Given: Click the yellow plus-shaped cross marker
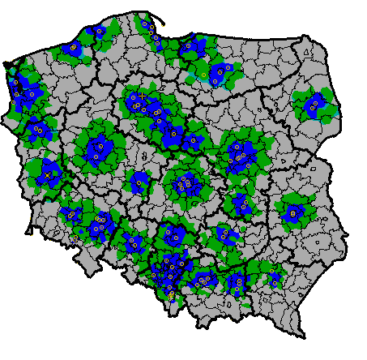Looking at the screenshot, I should pyautogui.click(x=143, y=96).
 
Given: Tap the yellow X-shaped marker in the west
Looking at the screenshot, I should pyautogui.click(x=47, y=174).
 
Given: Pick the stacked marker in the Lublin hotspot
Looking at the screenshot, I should pyautogui.click(x=292, y=212).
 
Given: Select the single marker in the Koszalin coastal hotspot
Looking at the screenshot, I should pyautogui.click(x=72, y=49).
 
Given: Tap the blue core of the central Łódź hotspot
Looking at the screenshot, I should pyautogui.click(x=184, y=183).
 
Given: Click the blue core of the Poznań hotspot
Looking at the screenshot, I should pyautogui.click(x=99, y=149).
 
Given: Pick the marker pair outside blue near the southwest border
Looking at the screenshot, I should pyautogui.click(x=75, y=240).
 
